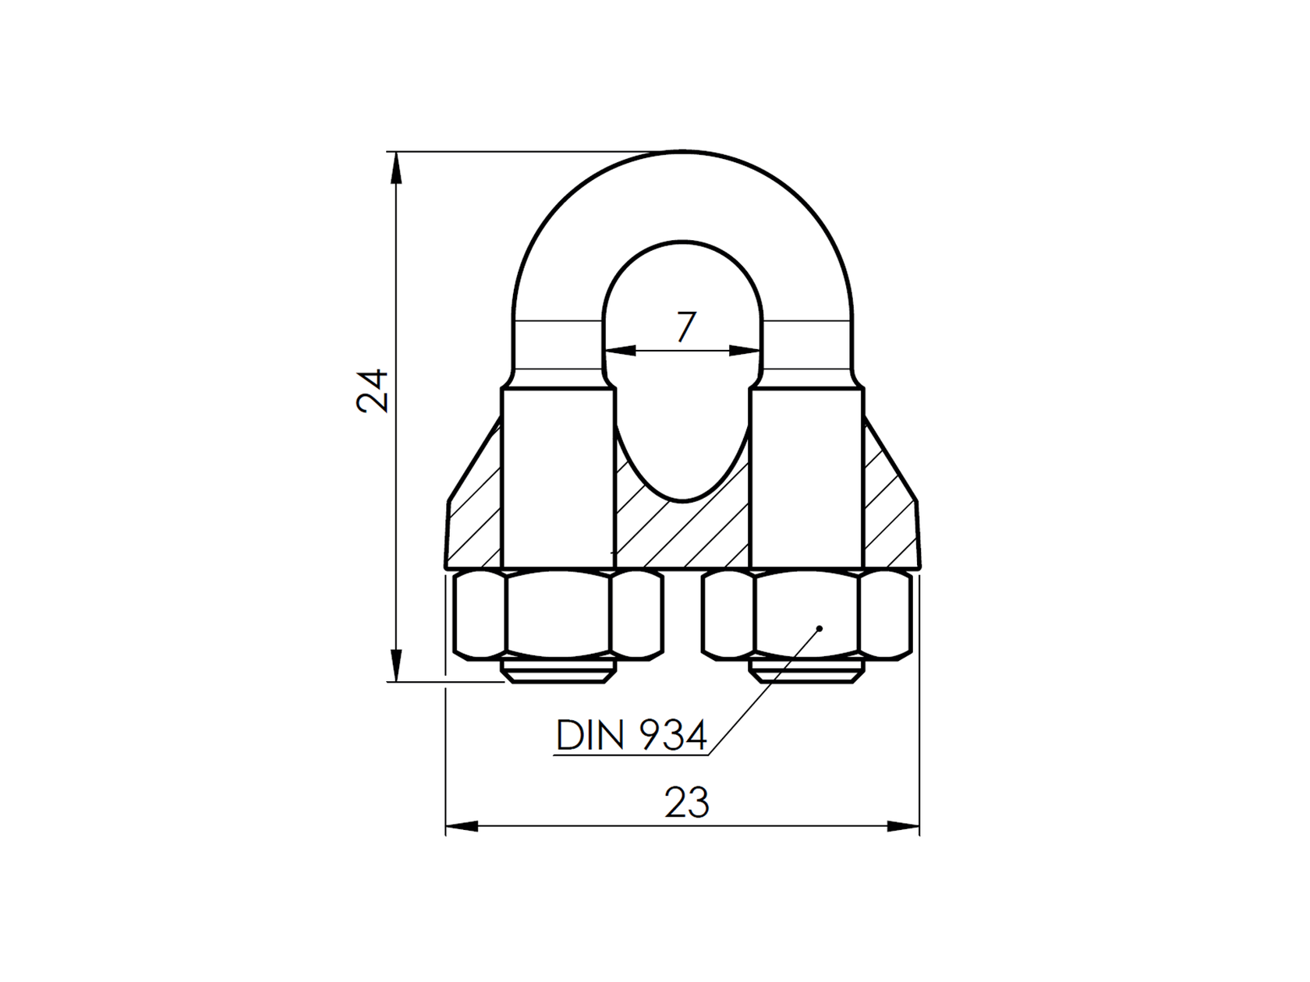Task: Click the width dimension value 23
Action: tap(686, 803)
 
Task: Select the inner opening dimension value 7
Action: tap(685, 327)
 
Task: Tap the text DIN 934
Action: tap(632, 735)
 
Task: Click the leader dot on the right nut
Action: tap(819, 628)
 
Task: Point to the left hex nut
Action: tap(558, 616)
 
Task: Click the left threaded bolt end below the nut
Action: tap(558, 673)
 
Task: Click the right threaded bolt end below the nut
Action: tap(807, 673)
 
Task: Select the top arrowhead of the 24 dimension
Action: tap(396, 168)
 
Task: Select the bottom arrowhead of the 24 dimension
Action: tap(396, 666)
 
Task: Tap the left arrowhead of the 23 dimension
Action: tap(462, 826)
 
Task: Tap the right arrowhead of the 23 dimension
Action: tap(903, 826)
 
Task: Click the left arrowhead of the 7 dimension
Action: tap(620, 351)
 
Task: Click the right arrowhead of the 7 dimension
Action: tap(745, 351)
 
